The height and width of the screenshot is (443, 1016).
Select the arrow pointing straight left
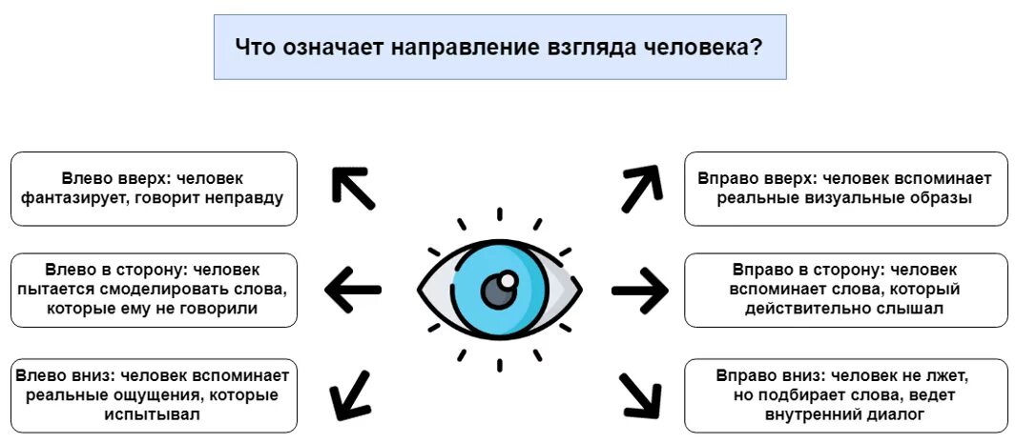click(353, 288)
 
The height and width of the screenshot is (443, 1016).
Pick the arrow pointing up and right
click(641, 188)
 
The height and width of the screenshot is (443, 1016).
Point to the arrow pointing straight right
click(640, 289)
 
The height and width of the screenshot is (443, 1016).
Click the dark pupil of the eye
click(497, 291)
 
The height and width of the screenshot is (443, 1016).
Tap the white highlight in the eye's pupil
click(508, 280)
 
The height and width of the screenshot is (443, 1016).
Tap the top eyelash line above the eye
click(498, 215)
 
